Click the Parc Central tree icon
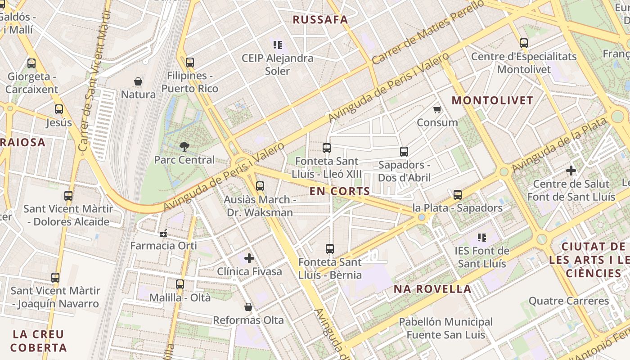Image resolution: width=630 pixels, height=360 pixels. coord(184,146)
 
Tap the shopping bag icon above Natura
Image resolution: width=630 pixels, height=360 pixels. coord(138,81)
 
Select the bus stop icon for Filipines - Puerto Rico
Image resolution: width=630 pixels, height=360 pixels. coord(190,62)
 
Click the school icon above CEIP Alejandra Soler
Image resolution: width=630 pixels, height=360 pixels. coord(277,45)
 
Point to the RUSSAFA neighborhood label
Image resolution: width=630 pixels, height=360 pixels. coord(320,20)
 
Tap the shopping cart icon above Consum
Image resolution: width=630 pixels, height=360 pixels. coord(437,109)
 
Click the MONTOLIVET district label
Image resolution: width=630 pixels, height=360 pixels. coord(492,100)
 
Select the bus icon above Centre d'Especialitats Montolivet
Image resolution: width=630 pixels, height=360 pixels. coord(524,43)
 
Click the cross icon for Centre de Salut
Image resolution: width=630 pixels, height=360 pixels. coord(571,171)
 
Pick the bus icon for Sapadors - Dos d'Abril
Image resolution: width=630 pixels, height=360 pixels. coord(404,152)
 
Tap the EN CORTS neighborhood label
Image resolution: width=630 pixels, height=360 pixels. coord(340,191)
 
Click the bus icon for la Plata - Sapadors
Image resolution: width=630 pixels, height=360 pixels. coord(458,195)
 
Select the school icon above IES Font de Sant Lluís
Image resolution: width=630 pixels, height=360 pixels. coord(481,237)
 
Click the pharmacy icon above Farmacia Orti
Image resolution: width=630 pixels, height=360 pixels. coord(163,233)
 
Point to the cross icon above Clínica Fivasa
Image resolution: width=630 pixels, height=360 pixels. coord(249,258)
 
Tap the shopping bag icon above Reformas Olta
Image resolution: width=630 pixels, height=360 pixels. coord(248,307)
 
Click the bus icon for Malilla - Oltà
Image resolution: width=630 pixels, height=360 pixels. coord(180,284)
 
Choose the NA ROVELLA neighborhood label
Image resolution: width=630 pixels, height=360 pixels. coord(432,289)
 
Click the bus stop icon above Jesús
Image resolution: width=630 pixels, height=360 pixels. coord(59,109)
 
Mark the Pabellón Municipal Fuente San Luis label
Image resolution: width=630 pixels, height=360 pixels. coord(445,328)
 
